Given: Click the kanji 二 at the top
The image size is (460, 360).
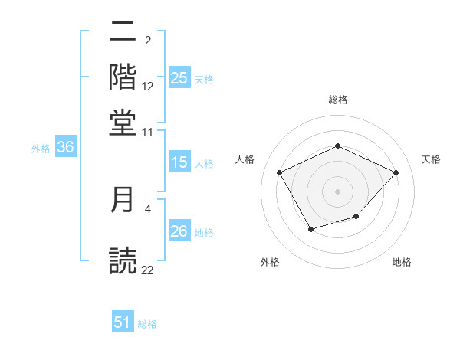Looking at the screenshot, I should pyautogui.click(x=123, y=33).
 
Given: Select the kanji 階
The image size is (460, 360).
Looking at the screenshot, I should pyautogui.click(x=123, y=77).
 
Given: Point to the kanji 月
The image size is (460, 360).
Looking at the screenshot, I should pyautogui.click(x=123, y=200).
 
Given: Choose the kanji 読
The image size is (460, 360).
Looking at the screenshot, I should pyautogui.click(x=123, y=260).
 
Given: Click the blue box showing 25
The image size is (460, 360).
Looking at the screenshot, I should pyautogui.click(x=179, y=77).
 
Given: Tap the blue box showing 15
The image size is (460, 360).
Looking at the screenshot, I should pyautogui.click(x=179, y=162).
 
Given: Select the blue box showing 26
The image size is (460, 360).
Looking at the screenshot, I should pyautogui.click(x=179, y=231).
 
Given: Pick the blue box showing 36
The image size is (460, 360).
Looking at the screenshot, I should pyautogui.click(x=65, y=149).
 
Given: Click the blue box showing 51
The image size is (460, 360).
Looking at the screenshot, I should pyautogui.click(x=123, y=322).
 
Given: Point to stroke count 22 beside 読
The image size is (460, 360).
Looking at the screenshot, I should pyautogui.click(x=148, y=270).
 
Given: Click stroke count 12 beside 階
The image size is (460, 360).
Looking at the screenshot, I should pyautogui.click(x=148, y=87).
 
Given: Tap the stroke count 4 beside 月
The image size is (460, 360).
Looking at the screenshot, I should pyautogui.click(x=148, y=208).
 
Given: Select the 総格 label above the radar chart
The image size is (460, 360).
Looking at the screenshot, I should pyautogui.click(x=337, y=100).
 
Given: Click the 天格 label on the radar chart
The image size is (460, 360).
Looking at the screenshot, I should pyautogui.click(x=432, y=159).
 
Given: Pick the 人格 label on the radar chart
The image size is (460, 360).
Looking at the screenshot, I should pyautogui.click(x=245, y=159).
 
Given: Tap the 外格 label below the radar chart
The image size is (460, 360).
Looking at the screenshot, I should pyautogui.click(x=270, y=263).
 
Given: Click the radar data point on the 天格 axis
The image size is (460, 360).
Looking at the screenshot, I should pyautogui.click(x=396, y=172).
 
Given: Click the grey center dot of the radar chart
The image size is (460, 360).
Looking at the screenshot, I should pyautogui.click(x=337, y=191).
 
